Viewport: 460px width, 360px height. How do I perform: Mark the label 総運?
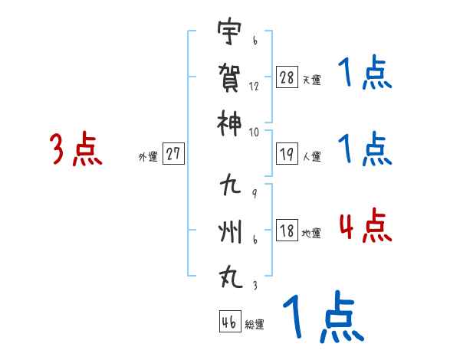255,325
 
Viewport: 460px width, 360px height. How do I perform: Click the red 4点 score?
365,225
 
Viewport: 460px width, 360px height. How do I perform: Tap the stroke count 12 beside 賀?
254,87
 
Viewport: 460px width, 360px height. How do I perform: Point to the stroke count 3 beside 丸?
254,285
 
